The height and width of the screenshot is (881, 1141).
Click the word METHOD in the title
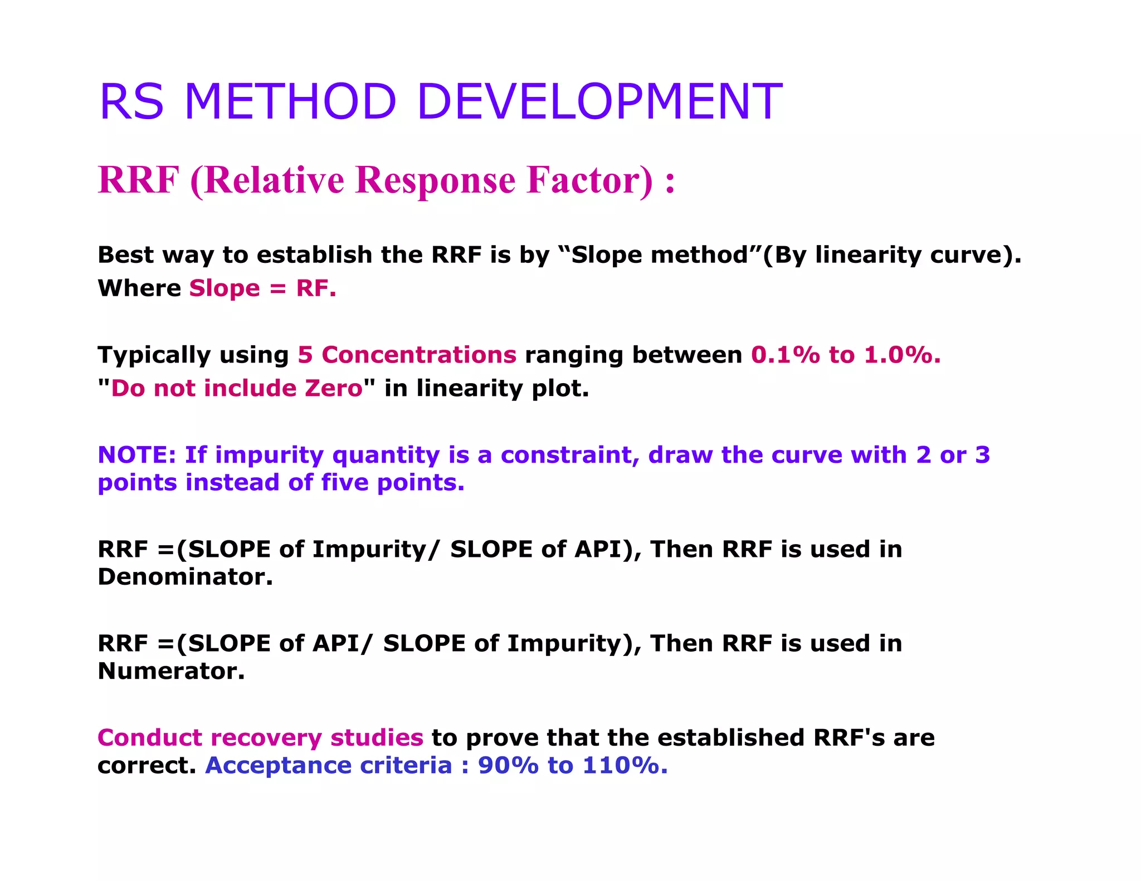coord(290,101)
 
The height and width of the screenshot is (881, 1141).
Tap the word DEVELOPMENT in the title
coord(599,101)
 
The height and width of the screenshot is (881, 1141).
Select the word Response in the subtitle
coord(435,180)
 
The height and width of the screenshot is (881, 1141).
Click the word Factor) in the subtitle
coord(590,180)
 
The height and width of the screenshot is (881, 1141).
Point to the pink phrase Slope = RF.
coord(262,288)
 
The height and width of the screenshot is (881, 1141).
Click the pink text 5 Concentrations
coord(407,355)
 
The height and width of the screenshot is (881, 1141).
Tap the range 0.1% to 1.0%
coord(845,355)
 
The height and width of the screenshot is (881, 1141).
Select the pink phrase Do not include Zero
coord(237,388)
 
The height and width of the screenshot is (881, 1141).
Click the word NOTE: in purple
coord(136,455)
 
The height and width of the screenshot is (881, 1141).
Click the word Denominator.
coord(185,577)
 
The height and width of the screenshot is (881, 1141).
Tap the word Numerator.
coord(171,671)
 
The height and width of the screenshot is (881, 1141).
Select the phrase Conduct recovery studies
coord(260,738)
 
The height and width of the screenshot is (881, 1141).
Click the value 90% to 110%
coord(572,766)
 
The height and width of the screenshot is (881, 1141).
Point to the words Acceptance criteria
coord(328,766)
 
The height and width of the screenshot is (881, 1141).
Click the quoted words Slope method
coord(660,255)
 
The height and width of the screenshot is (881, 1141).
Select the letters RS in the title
coord(131,101)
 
